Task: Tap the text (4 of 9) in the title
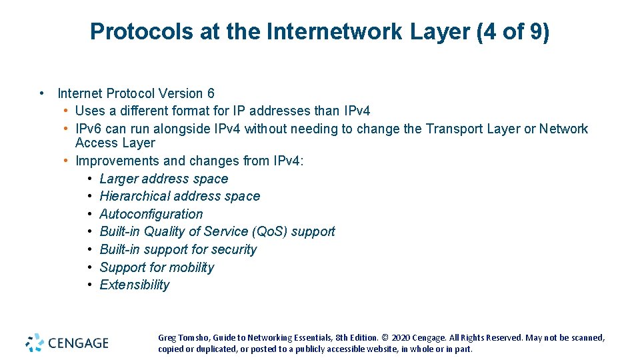point(513,31)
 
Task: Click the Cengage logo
point(67,343)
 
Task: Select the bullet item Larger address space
point(163,179)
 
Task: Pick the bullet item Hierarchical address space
point(179,196)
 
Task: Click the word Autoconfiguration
point(151,214)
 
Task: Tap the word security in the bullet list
point(233,249)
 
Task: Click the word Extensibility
point(134,285)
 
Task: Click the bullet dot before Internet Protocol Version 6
point(42,93)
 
